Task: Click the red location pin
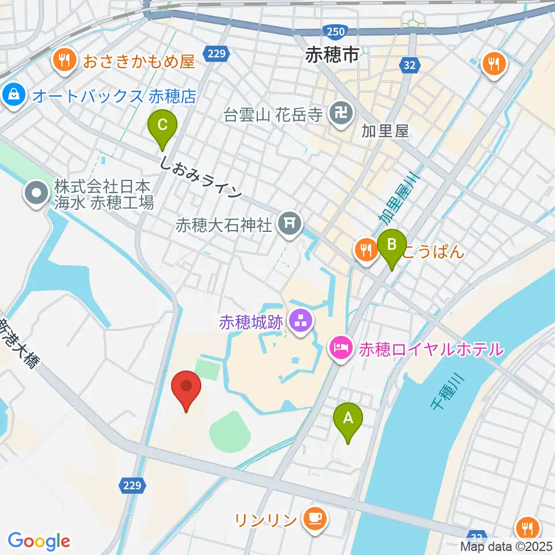(186, 389)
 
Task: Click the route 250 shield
(336, 32)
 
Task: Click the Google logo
(39, 541)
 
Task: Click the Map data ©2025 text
(505, 545)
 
